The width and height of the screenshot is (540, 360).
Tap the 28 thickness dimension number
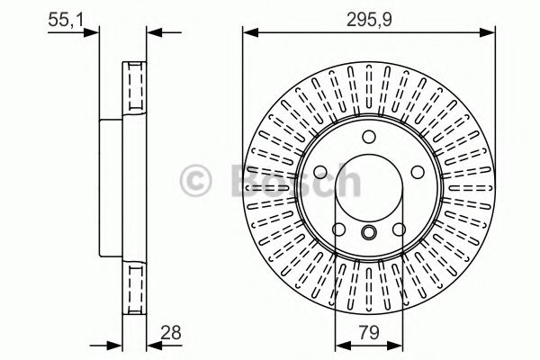[169, 333]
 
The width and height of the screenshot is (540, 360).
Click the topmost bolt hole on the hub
[369, 137]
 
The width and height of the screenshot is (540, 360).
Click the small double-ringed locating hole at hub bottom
[369, 233]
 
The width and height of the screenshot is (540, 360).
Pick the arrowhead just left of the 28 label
[149, 344]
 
